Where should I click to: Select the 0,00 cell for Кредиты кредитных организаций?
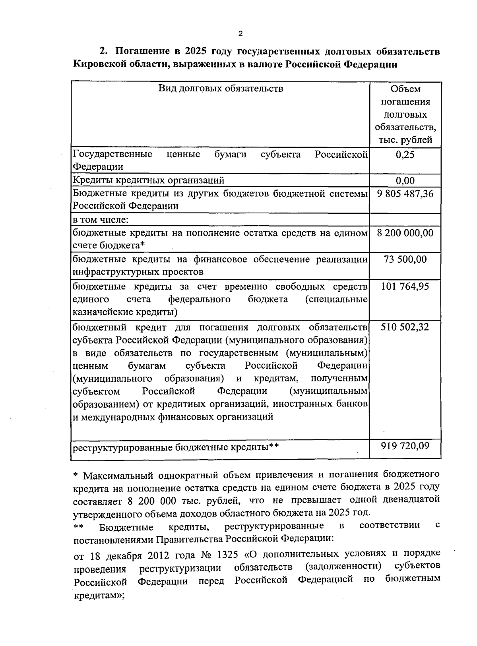pyautogui.click(x=405, y=181)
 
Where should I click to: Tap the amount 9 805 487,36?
pyautogui.click(x=405, y=194)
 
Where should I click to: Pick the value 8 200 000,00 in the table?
pyautogui.click(x=405, y=233)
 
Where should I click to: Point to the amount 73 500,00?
pyautogui.click(x=405, y=259)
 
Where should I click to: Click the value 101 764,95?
pyautogui.click(x=405, y=286)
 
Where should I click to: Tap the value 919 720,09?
pyautogui.click(x=405, y=446)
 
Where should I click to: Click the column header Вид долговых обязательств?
pyautogui.click(x=221, y=88)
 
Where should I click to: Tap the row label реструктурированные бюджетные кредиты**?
pyautogui.click(x=175, y=447)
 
